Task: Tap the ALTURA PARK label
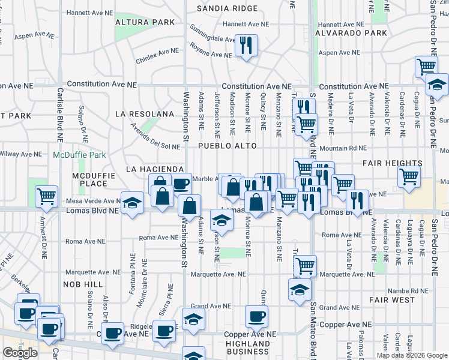coord(146,22)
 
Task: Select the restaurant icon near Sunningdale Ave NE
coord(246,45)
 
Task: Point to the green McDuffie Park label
coord(79,155)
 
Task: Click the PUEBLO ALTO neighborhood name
coord(228,146)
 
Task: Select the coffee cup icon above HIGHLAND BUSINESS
coord(256,316)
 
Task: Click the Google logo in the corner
coord(20,353)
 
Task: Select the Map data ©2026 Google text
coord(411,355)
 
